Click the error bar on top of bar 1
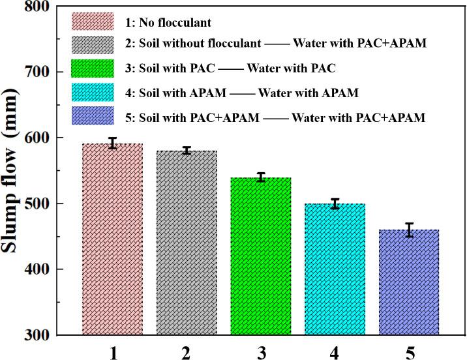pos(112,143)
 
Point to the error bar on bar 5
pos(410,230)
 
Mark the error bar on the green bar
pos(261,177)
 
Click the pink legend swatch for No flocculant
pos(92,22)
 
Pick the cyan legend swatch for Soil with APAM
pos(92,93)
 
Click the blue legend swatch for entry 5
pos(92,117)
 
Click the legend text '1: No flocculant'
pos(168,22)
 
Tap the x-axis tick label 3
pos(261,352)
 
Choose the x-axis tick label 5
pos(410,352)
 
